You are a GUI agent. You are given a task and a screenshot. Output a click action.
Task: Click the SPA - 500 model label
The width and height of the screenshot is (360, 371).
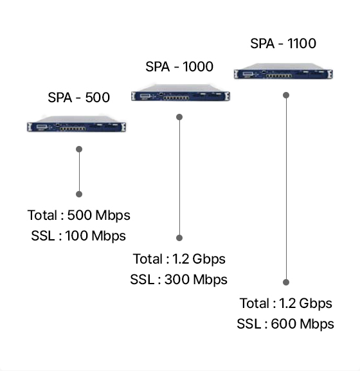(79, 97)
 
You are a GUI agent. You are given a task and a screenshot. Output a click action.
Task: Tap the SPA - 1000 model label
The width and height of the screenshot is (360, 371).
(179, 66)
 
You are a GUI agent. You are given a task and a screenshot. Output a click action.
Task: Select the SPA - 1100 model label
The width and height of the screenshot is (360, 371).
(283, 43)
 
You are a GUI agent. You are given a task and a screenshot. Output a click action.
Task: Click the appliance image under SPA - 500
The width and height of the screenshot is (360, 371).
(76, 123)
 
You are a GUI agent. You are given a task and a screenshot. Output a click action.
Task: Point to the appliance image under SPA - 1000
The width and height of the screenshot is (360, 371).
(181, 93)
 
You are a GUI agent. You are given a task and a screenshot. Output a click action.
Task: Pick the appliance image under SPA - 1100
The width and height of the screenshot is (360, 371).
(283, 71)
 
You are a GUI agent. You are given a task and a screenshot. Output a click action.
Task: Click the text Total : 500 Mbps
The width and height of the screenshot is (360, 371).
(79, 215)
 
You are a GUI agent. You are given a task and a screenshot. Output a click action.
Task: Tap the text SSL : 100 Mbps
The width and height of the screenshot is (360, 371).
(78, 236)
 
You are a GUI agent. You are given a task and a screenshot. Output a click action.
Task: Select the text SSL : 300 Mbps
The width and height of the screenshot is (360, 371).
(179, 280)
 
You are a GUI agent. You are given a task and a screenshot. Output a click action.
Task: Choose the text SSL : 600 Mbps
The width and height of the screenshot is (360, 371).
(285, 324)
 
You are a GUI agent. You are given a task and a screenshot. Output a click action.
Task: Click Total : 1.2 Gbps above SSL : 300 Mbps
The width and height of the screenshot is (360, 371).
(179, 259)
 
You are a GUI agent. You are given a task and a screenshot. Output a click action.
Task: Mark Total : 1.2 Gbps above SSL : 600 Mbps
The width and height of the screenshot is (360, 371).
(285, 303)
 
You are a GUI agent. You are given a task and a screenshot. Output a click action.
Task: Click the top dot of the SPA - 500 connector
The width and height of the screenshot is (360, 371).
(79, 149)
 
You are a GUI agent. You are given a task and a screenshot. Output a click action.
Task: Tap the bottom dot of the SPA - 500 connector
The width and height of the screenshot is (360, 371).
(79, 194)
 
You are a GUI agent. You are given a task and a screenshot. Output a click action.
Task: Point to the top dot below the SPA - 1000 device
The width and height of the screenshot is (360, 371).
(179, 117)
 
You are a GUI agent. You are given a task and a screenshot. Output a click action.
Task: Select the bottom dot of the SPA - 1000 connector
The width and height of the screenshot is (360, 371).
(179, 238)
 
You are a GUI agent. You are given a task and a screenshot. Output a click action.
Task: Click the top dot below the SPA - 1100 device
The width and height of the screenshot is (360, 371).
(286, 95)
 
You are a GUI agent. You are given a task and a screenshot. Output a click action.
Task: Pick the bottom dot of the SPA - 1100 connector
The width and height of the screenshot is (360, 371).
(286, 282)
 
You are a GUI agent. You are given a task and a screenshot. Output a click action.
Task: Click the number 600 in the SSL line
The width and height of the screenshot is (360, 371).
(283, 323)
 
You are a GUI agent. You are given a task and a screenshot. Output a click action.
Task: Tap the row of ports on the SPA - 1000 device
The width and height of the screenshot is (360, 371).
(176, 98)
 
